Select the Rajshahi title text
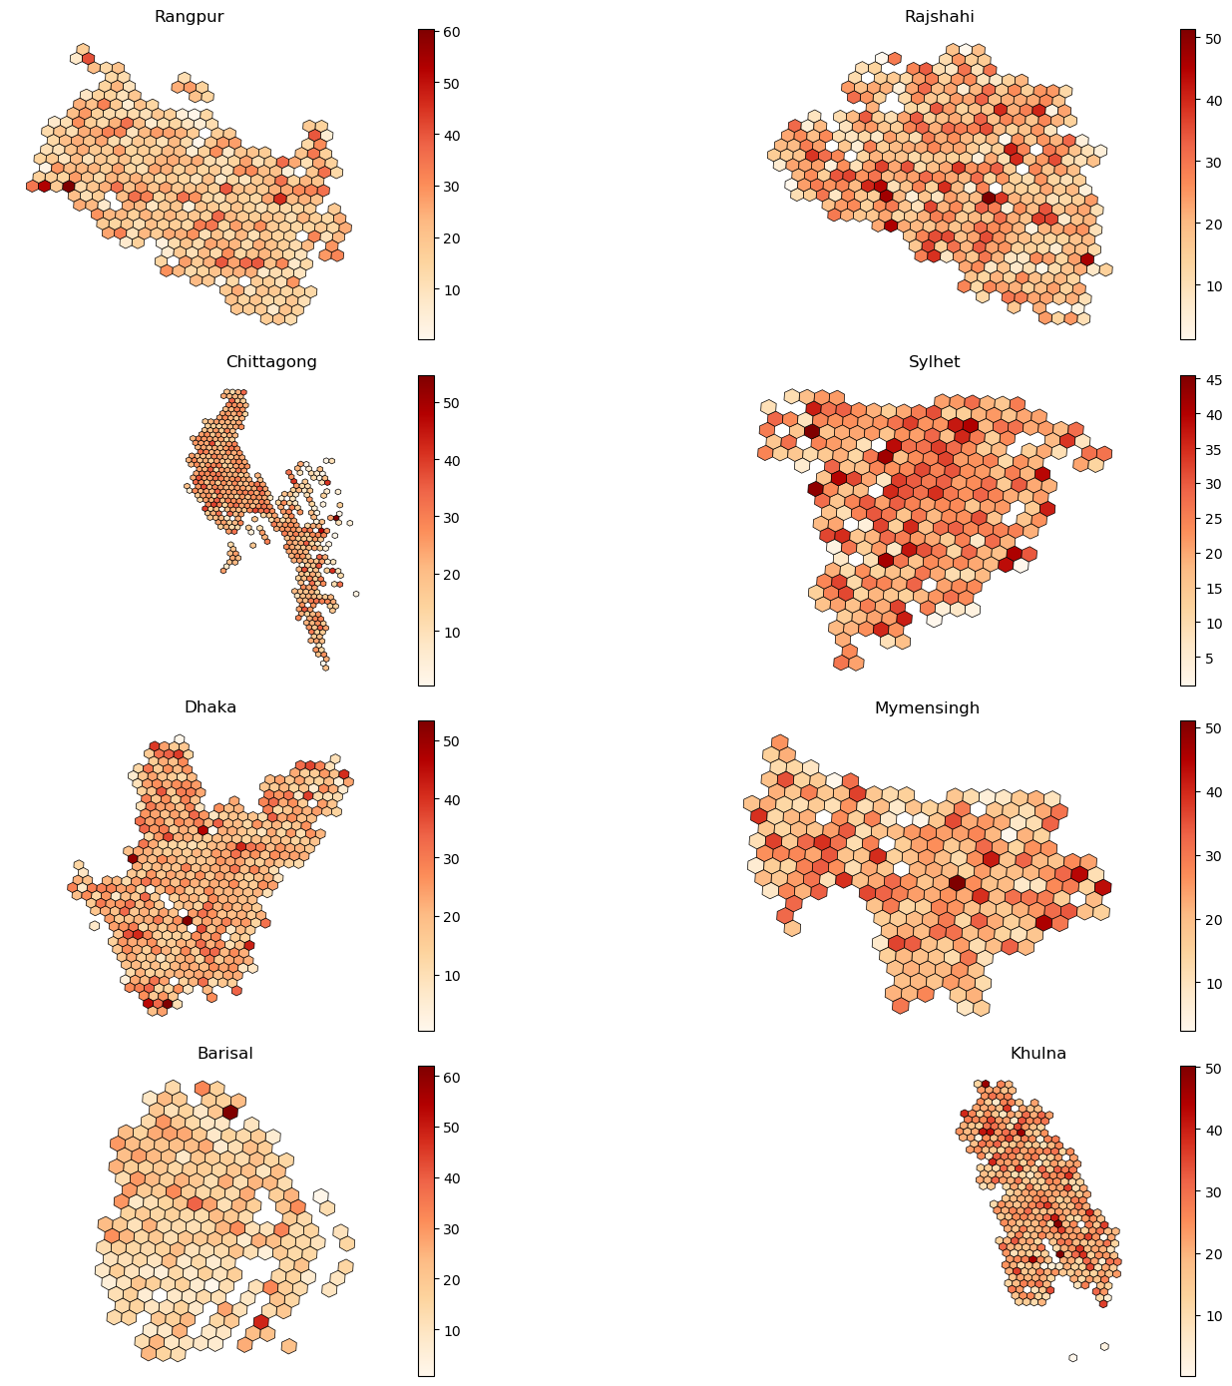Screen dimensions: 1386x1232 click(939, 17)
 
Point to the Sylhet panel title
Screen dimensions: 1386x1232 click(934, 362)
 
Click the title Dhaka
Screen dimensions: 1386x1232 click(209, 707)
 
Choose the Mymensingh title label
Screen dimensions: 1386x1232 click(927, 708)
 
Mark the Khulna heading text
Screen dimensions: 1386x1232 click(1037, 1054)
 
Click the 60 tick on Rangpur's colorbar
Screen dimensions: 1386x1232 click(451, 32)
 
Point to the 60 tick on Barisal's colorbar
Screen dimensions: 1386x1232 click(451, 1077)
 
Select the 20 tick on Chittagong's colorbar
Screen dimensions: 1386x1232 click(451, 575)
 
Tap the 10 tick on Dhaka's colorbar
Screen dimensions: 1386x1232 click(451, 975)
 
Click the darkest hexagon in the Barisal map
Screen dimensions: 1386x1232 click(230, 1112)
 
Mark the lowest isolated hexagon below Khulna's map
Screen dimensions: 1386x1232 click(1072, 1357)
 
